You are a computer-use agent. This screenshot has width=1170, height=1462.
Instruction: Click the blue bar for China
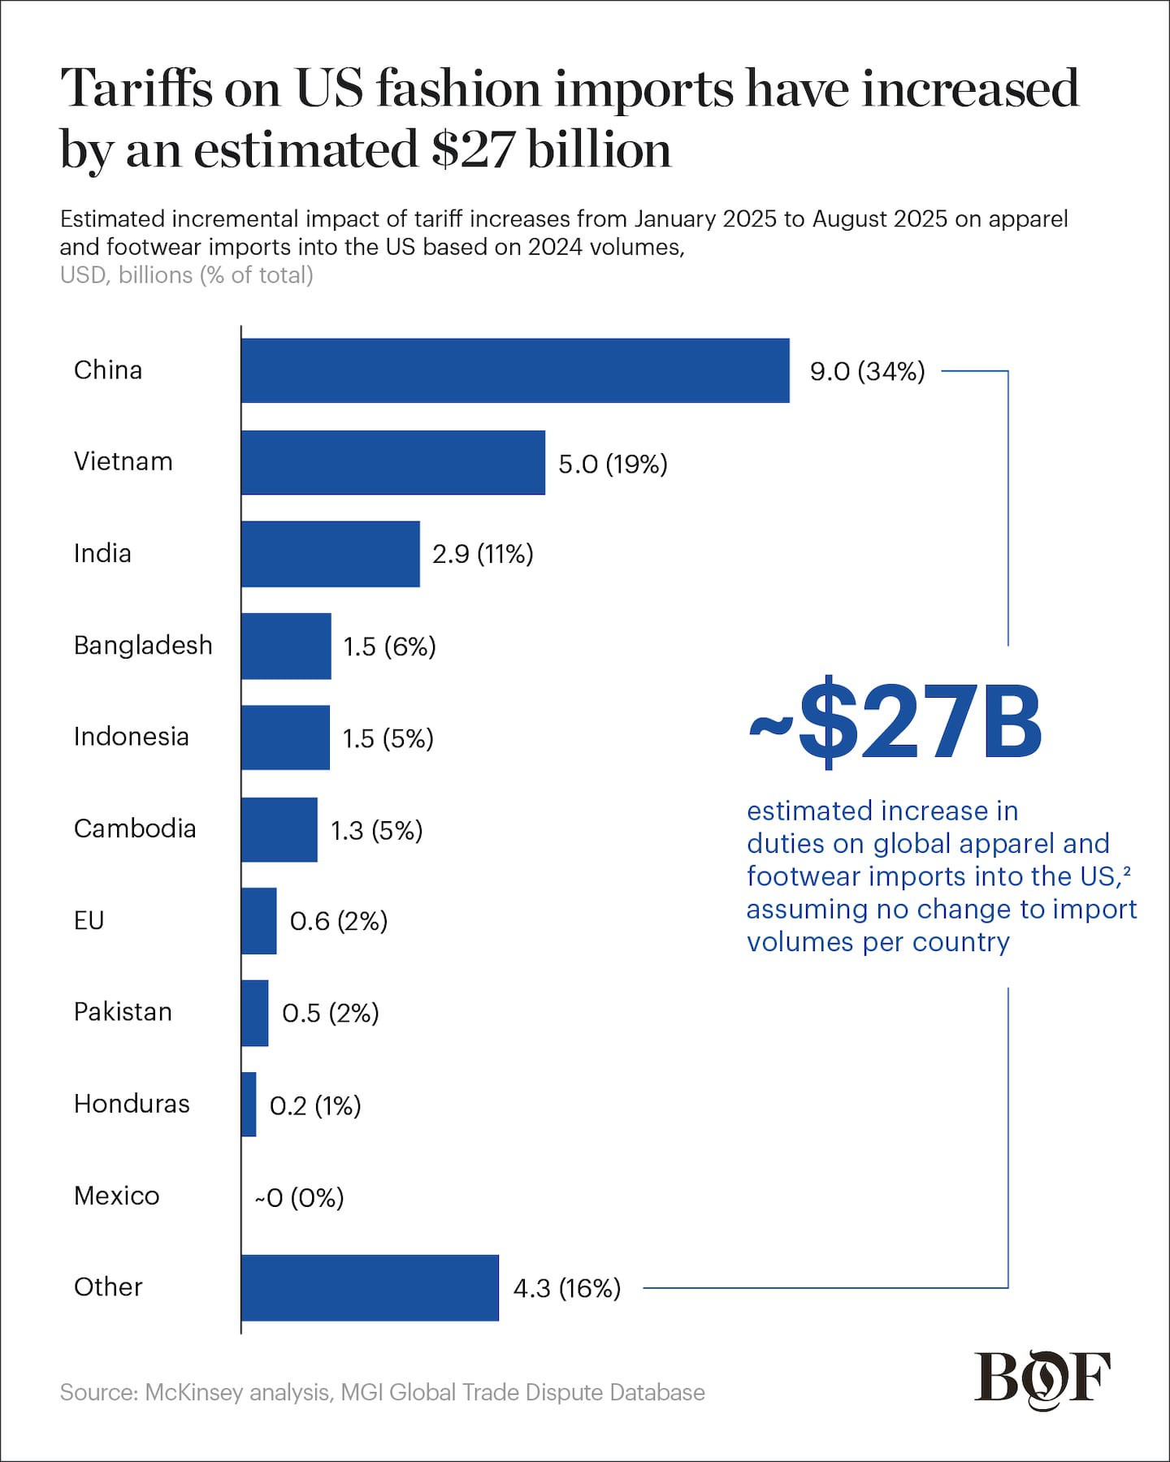[x=515, y=370]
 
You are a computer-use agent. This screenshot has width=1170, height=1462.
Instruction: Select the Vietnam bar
[x=393, y=462]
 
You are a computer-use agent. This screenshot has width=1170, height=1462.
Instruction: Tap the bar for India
[x=331, y=554]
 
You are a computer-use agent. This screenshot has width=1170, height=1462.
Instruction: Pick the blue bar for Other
[x=370, y=1287]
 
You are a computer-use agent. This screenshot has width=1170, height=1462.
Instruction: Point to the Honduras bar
[x=249, y=1104]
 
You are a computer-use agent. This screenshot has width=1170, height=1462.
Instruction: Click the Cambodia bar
[x=279, y=829]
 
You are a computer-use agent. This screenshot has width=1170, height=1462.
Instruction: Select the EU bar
[x=259, y=921]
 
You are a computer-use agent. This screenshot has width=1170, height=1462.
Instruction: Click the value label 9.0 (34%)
[x=867, y=371]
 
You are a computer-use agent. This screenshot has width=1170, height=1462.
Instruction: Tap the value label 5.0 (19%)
[x=613, y=464]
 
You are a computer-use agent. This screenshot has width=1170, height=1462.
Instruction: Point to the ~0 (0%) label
[x=300, y=1197]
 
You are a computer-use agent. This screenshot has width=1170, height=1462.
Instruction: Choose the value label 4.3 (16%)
[x=567, y=1288]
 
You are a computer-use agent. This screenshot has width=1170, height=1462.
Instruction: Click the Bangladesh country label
[x=143, y=645]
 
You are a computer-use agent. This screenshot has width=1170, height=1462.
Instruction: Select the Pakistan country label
[x=123, y=1012]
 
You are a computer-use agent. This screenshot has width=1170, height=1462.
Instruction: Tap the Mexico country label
[x=117, y=1196]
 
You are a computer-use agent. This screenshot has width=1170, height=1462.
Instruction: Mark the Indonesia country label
[x=132, y=737]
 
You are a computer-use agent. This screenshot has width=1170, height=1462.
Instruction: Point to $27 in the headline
[x=472, y=149]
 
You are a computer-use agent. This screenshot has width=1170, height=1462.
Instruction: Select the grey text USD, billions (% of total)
[x=187, y=275]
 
